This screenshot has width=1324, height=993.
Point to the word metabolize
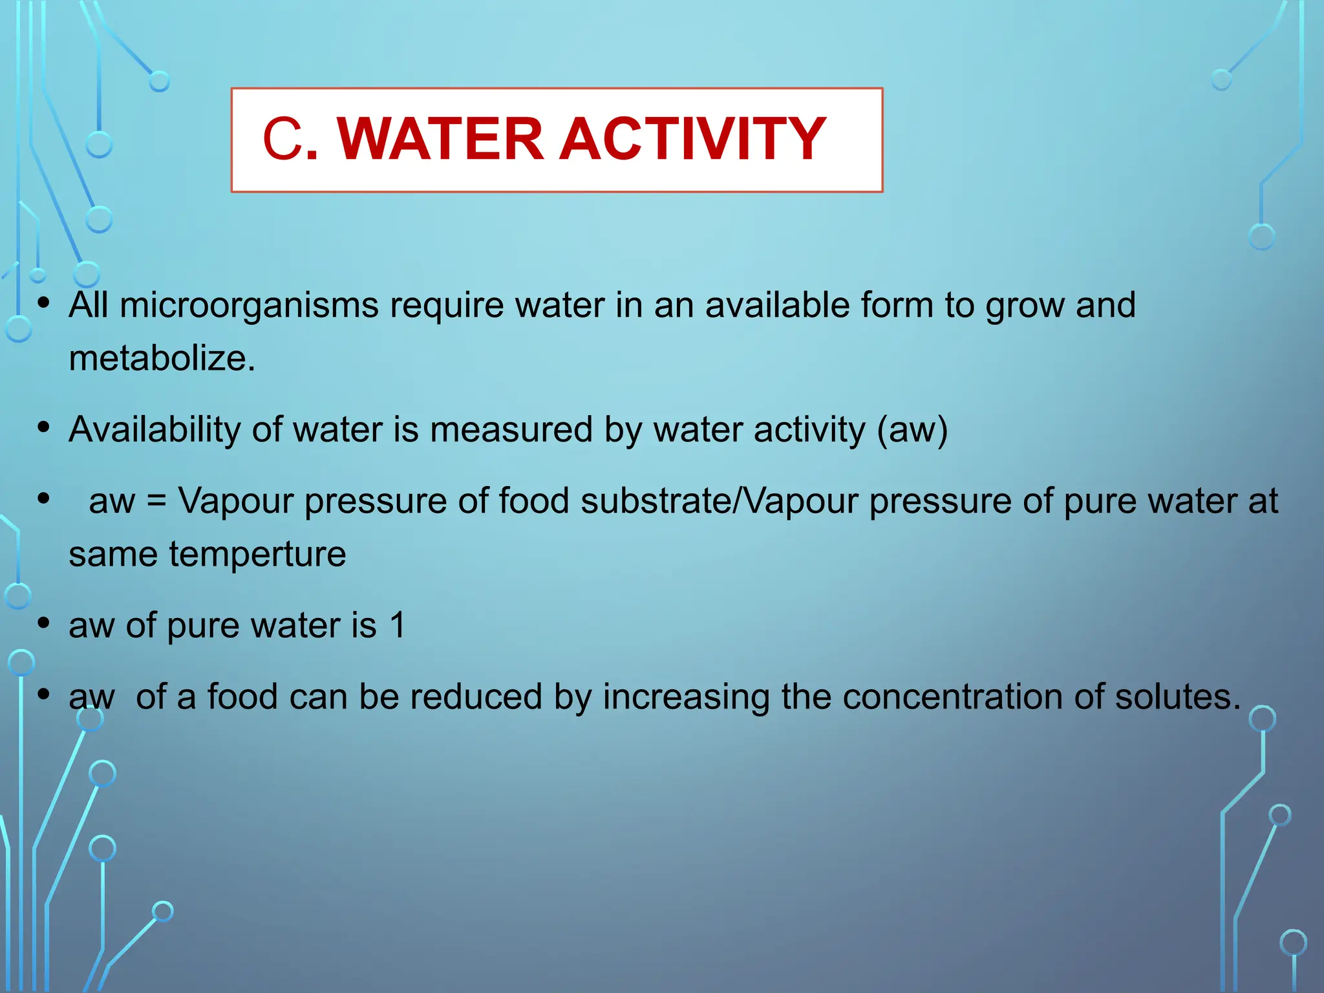tap(162, 358)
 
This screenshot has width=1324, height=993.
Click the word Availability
tap(155, 430)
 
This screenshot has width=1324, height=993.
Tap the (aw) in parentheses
tap(912, 430)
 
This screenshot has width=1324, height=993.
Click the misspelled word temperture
tap(257, 555)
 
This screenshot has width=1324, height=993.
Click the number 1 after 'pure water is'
tap(398, 626)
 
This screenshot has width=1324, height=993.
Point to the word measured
tap(511, 430)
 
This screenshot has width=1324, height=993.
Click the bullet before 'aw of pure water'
tap(43, 623)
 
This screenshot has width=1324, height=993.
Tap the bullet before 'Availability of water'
tap(43, 427)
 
